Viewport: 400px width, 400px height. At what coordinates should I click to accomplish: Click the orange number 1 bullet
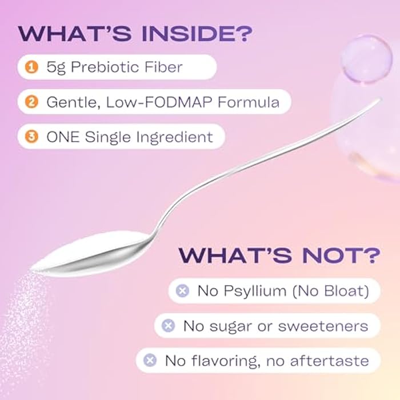31,67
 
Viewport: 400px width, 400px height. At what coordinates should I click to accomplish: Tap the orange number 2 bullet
31,102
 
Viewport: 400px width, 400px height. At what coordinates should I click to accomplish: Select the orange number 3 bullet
31,137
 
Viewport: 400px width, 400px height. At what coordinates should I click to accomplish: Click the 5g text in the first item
56,68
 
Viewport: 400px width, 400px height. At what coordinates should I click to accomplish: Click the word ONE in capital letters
63,137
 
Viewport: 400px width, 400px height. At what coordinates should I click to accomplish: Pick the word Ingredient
174,138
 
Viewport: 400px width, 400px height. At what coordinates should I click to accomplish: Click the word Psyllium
255,291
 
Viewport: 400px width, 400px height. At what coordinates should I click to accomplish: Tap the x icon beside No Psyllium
182,290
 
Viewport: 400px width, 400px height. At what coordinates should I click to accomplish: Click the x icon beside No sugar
168,326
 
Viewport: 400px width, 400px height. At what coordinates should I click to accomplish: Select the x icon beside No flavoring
150,360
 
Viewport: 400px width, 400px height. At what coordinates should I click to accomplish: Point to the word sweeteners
323,326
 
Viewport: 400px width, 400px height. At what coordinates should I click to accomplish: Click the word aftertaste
330,361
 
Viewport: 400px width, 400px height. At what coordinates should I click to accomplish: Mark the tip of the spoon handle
380,99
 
